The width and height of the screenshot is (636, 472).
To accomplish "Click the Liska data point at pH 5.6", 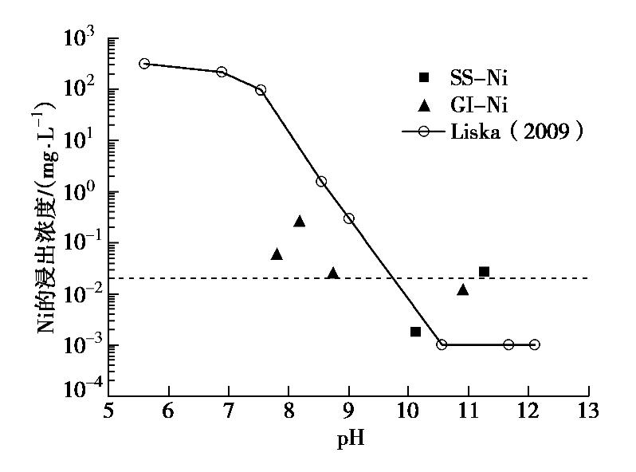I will pyautogui.click(x=144, y=63).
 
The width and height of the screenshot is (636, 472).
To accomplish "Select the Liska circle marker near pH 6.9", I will pyautogui.click(x=222, y=72).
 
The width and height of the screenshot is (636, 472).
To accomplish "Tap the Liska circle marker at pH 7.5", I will pyautogui.click(x=261, y=89).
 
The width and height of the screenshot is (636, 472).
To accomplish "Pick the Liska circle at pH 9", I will pyautogui.click(x=349, y=218).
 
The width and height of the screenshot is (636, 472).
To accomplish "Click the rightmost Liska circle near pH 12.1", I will pyautogui.click(x=534, y=344).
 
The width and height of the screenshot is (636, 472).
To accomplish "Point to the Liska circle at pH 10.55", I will pyautogui.click(x=442, y=344).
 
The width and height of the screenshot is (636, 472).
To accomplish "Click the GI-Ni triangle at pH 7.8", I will pyautogui.click(x=277, y=254).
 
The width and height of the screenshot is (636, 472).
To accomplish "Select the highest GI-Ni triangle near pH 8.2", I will pyautogui.click(x=300, y=222).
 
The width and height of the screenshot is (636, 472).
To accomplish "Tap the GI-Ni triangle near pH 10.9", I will pyautogui.click(x=462, y=289).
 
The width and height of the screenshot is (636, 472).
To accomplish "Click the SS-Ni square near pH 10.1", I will pyautogui.click(x=415, y=331).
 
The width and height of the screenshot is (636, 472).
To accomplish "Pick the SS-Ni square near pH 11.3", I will pyautogui.click(x=484, y=272).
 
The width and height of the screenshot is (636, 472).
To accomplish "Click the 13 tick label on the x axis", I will pyautogui.click(x=588, y=413).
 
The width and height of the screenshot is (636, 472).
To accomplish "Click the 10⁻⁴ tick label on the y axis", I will pyautogui.click(x=81, y=389).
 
